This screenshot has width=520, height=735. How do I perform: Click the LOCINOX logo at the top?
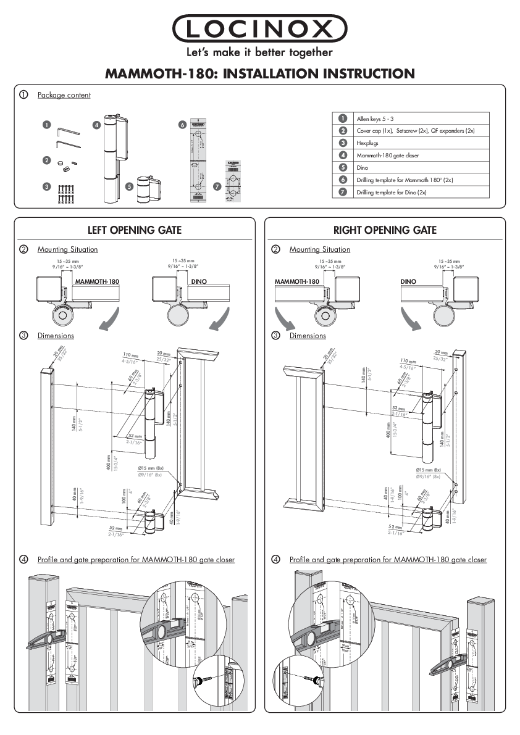259,28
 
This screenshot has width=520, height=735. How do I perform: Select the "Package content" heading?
64,95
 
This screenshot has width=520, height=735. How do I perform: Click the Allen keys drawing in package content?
65,137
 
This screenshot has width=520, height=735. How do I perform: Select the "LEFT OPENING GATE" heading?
134,230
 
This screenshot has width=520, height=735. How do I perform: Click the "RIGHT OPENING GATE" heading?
385,230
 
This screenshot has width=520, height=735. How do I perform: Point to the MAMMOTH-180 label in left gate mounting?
97,281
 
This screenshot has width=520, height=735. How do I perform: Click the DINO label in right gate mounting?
408,281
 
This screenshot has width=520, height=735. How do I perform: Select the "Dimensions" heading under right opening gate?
308,336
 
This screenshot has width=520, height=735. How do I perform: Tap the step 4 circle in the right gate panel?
275,560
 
